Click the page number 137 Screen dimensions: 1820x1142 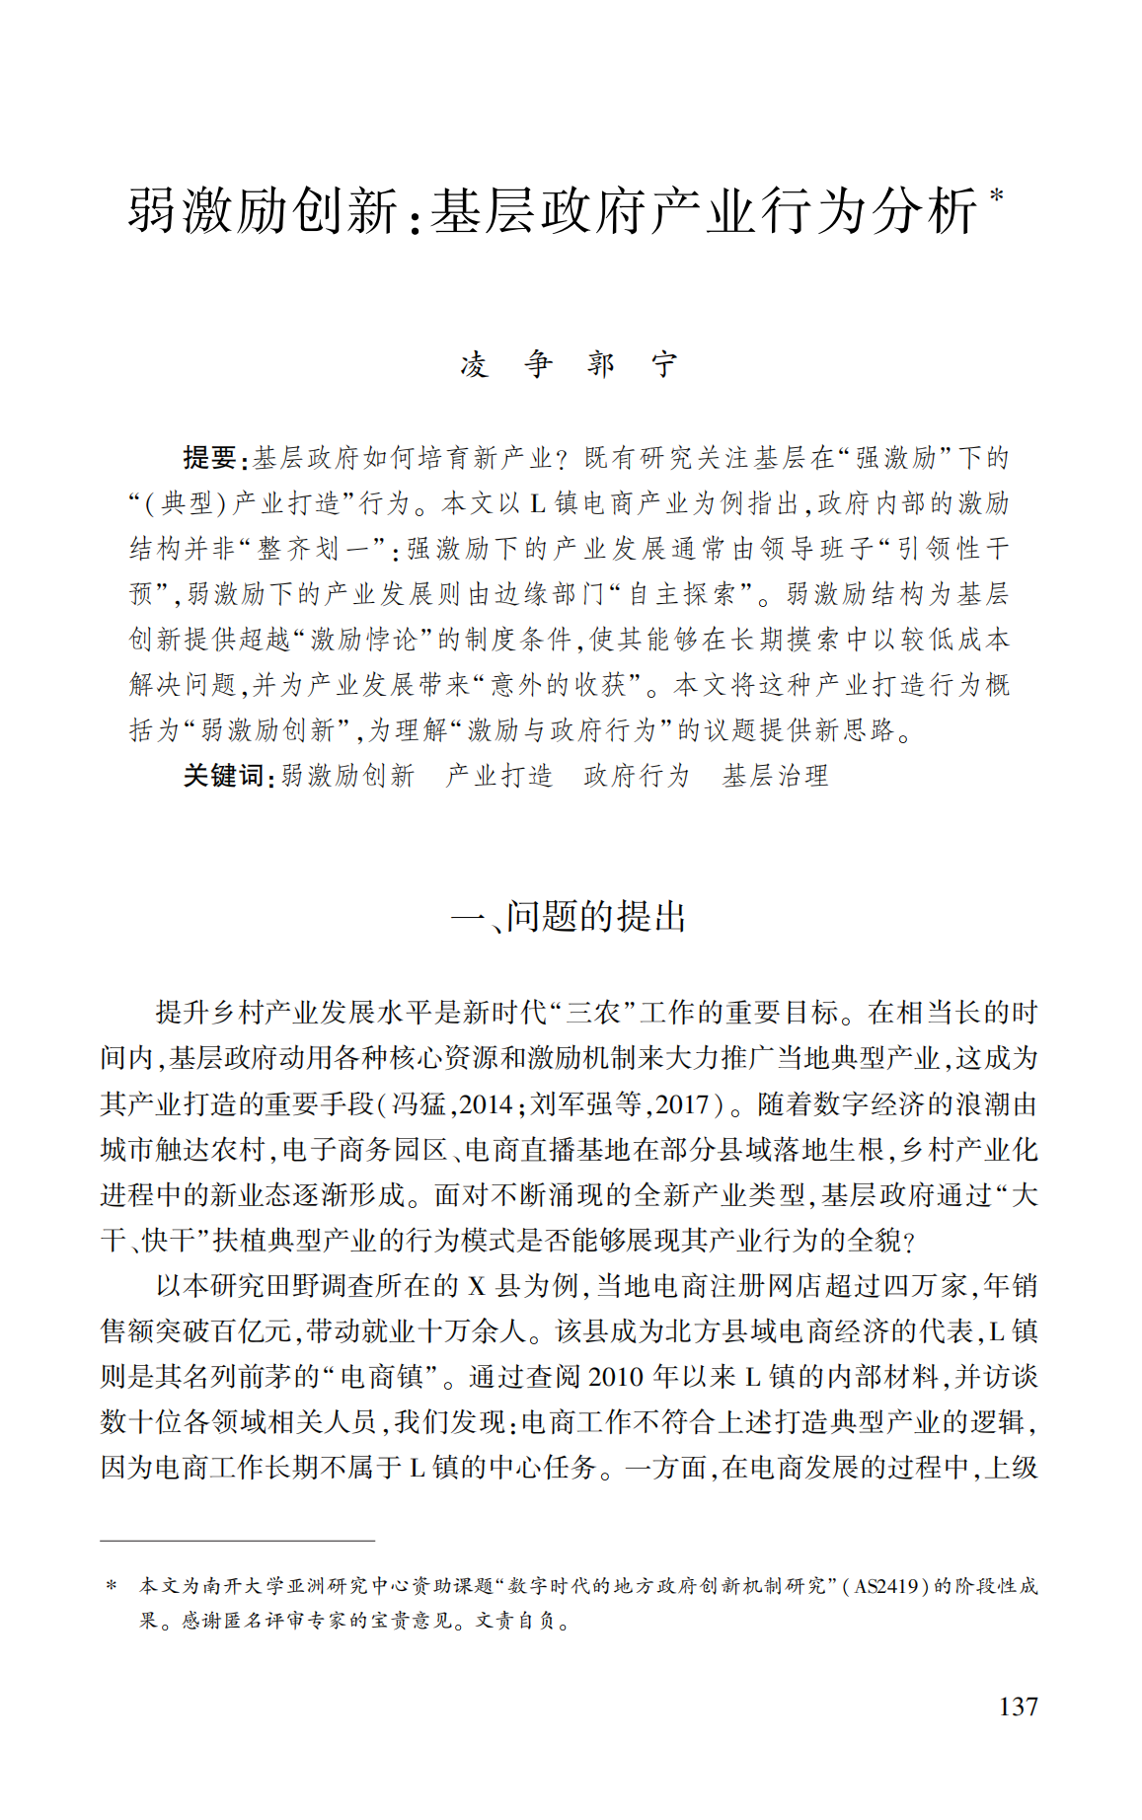[1018, 1706]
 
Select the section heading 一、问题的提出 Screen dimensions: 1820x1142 [569, 916]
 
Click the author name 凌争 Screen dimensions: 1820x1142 [506, 364]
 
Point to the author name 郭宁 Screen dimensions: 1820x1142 [633, 364]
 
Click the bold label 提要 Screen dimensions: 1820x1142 [210, 457]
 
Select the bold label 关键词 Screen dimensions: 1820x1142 [224, 776]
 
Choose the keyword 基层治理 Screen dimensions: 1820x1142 [775, 776]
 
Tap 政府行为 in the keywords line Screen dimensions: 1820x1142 [637, 776]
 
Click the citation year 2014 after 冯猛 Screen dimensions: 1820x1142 [486, 1103]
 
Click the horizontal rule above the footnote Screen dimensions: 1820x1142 [237, 1540]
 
